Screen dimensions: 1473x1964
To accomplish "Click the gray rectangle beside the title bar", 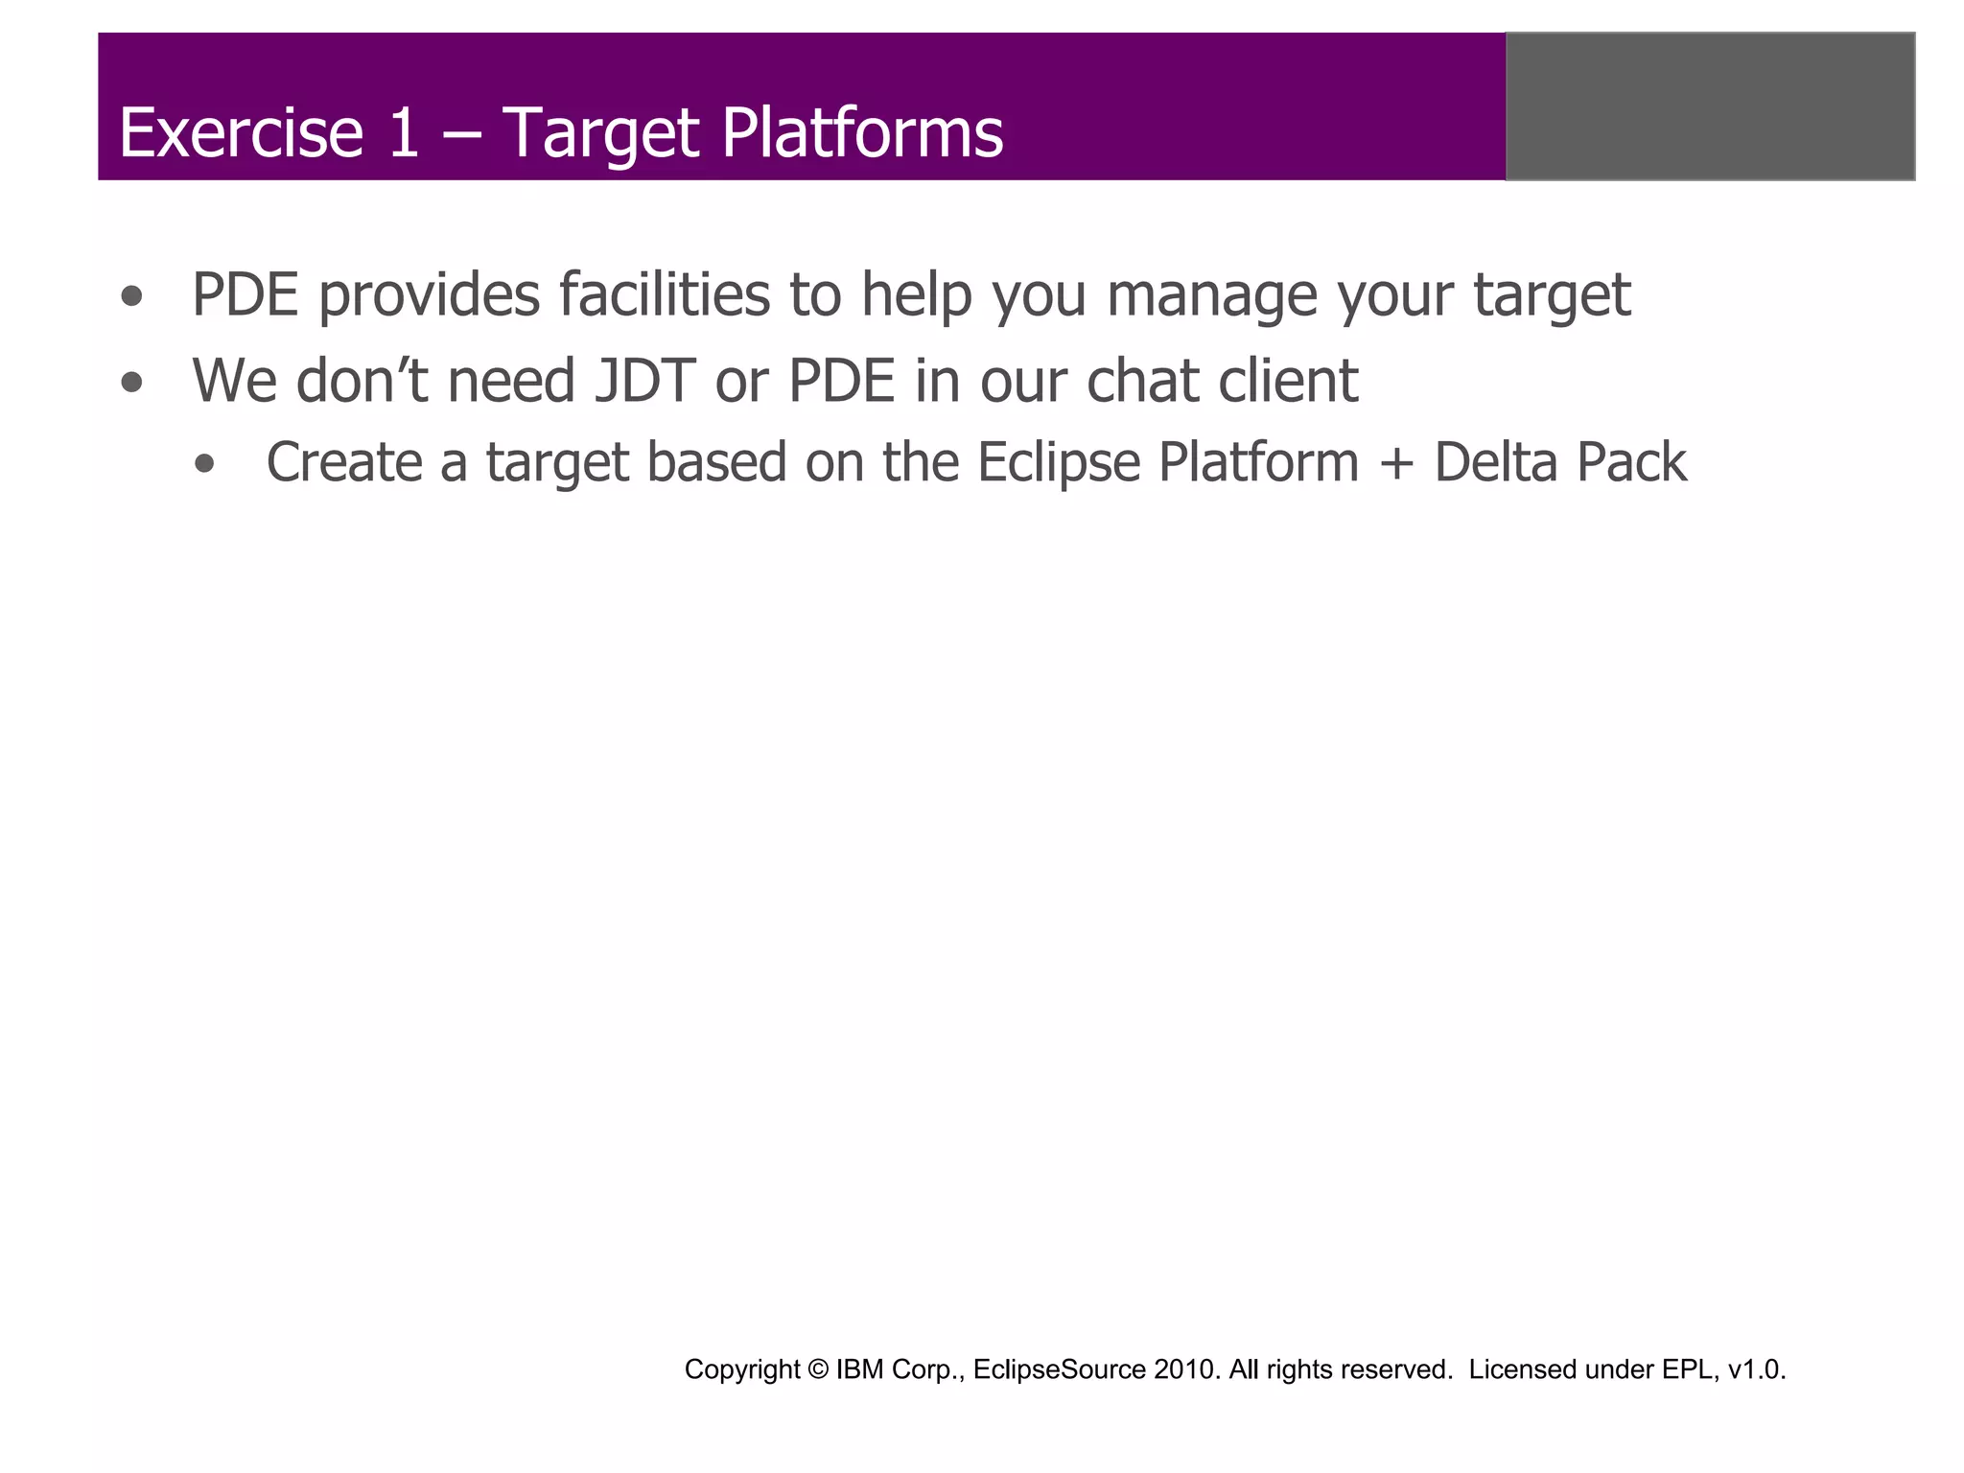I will pos(1710,106).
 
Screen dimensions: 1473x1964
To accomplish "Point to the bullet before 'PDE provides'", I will pos(132,297).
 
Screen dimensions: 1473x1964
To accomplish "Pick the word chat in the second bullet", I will pos(1142,381).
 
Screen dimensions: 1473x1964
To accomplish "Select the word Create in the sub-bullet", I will pos(344,462).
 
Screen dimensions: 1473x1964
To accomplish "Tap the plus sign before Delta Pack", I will pos(1396,464).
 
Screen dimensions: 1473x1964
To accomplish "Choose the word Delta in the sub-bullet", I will pos(1497,462).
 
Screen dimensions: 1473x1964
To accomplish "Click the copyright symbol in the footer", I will pos(818,1369).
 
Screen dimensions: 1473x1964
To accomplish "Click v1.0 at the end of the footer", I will pos(1756,1369).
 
